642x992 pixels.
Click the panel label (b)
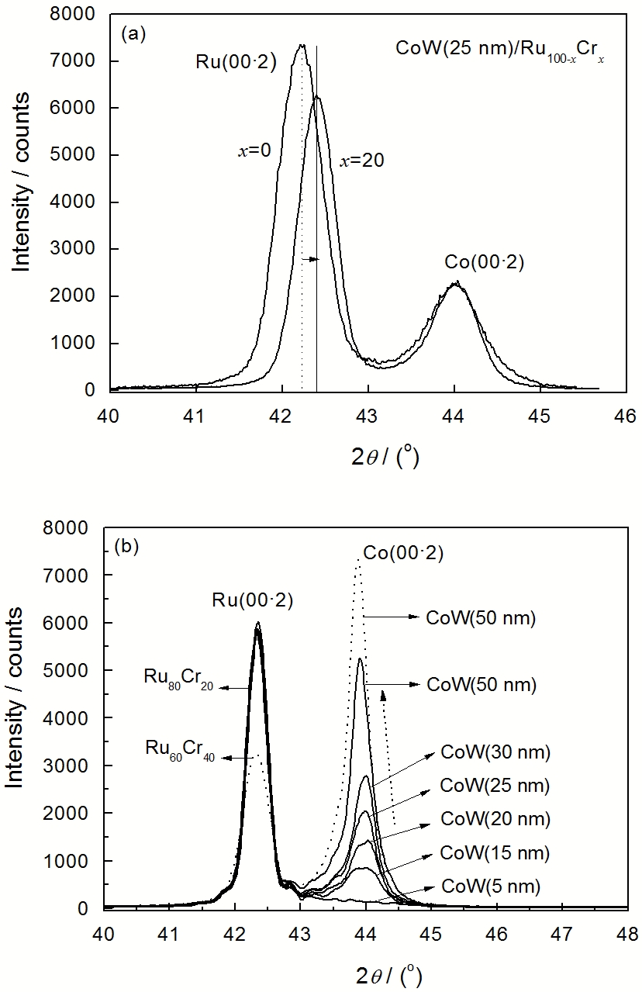(x=126, y=545)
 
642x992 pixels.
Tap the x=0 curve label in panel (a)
(x=254, y=150)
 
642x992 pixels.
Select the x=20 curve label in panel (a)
(x=362, y=161)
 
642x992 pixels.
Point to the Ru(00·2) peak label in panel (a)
(x=236, y=62)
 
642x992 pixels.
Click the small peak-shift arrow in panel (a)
(x=310, y=259)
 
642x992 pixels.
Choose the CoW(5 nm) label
(x=489, y=885)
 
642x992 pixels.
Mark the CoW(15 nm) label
(x=495, y=852)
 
